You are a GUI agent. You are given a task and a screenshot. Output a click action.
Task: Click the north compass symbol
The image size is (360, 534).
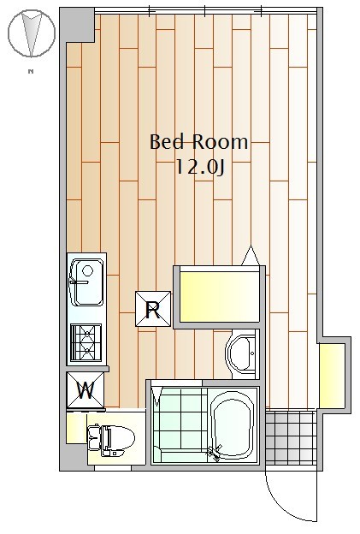tap(32, 33)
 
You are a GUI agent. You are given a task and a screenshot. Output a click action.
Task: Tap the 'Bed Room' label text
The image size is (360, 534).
tap(199, 142)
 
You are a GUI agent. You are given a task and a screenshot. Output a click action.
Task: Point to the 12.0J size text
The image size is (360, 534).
tap(200, 167)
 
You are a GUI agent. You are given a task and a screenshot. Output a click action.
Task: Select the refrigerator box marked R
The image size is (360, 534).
tap(153, 309)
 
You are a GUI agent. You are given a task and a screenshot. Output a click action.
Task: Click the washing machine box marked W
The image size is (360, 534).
tap(86, 390)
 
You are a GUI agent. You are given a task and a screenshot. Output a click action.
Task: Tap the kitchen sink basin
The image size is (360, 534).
tap(87, 282)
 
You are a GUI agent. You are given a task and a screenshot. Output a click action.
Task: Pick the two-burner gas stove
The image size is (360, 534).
tap(86, 342)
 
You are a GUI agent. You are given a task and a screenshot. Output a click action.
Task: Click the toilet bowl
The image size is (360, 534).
tap(111, 438)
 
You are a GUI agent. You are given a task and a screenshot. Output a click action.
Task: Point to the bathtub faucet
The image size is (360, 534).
tap(215, 453)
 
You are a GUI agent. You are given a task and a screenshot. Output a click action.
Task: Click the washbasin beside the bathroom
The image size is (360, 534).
tap(242, 354)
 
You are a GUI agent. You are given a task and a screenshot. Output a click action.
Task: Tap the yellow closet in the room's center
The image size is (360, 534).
tap(219, 296)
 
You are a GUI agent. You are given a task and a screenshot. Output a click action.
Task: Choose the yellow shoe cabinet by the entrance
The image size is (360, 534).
tap(332, 375)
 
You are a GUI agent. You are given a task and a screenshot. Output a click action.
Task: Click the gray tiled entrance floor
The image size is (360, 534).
tap(291, 437)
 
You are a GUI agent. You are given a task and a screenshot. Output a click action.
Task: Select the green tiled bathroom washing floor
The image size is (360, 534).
tap(180, 424)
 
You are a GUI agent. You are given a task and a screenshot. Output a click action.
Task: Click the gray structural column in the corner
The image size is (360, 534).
tap(78, 25)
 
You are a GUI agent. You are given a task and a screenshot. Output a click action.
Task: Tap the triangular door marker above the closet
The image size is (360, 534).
tap(251, 256)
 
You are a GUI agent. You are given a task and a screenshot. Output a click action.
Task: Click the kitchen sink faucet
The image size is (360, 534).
tap(79, 282)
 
